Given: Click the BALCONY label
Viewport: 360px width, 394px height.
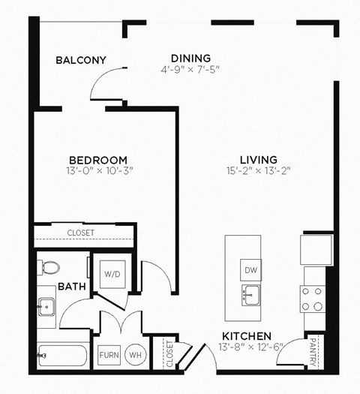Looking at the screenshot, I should (81, 60).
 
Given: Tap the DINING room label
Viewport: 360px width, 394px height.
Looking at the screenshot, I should (190, 58).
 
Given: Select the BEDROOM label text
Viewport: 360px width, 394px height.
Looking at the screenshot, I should (97, 160).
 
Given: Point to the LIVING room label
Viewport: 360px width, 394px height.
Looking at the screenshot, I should (259, 160).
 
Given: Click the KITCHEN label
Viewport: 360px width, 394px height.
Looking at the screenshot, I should (247, 336).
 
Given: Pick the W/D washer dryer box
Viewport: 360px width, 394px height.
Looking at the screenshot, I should (112, 275).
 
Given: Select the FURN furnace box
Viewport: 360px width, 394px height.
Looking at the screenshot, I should (109, 355).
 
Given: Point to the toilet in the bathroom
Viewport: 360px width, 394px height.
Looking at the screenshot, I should (49, 267).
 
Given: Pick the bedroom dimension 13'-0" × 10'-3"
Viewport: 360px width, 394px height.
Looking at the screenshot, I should (97, 172).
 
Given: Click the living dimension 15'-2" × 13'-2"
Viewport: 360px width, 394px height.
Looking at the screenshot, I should (259, 172).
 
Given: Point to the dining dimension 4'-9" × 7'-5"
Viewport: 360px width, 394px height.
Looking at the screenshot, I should (190, 70).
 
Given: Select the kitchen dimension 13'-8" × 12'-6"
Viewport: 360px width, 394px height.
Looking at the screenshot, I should (247, 347).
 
